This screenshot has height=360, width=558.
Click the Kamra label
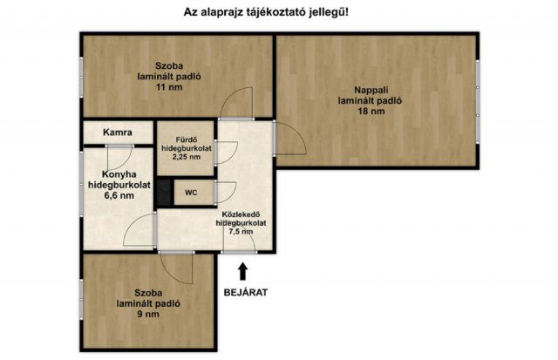(117, 132)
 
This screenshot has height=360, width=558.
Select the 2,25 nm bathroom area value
(187, 158)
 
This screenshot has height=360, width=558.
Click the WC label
(191, 193)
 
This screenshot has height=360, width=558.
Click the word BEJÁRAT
(243, 293)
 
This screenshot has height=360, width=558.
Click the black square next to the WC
(163, 193)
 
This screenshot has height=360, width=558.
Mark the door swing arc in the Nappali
(291, 140)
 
